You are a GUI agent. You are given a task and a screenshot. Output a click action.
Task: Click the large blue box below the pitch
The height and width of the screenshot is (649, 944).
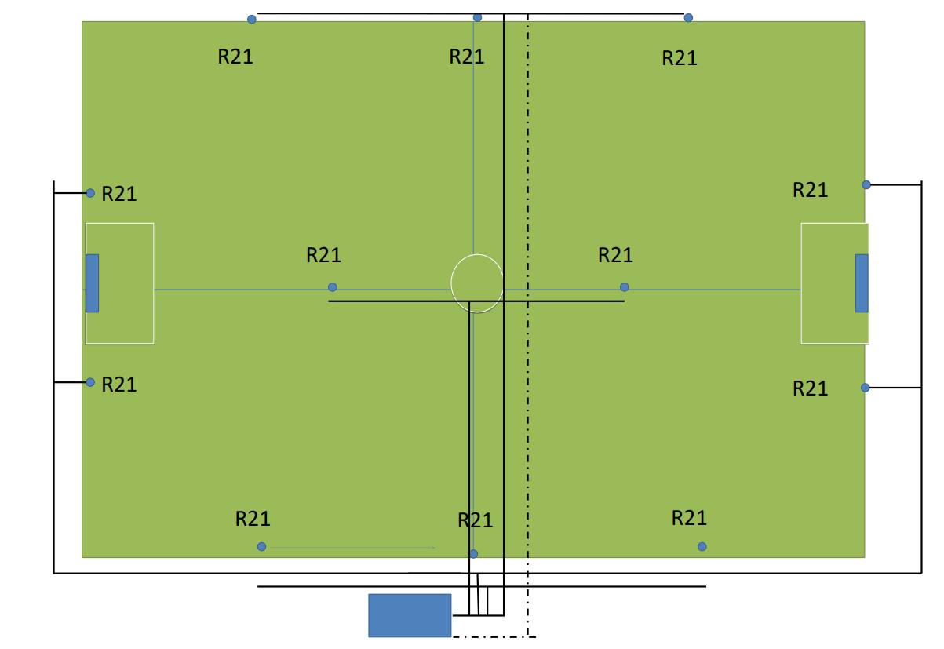pyautogui.click(x=410, y=615)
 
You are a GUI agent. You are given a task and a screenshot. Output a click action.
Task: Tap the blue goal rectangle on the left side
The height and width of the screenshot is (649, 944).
pyautogui.click(x=93, y=283)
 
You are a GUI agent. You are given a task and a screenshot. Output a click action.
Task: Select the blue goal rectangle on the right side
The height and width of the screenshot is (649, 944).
pyautogui.click(x=862, y=283)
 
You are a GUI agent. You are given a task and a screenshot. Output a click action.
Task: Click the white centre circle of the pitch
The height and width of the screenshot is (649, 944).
pyautogui.click(x=477, y=283)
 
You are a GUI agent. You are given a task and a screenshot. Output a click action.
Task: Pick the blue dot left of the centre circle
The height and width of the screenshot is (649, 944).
pyautogui.click(x=333, y=287)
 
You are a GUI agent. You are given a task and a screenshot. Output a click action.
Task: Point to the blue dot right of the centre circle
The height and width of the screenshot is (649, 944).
pyautogui.click(x=625, y=287)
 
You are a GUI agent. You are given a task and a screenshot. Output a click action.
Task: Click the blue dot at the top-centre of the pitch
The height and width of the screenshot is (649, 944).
pyautogui.click(x=477, y=18)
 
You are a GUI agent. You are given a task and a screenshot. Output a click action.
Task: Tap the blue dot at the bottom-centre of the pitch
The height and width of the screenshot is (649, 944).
pyautogui.click(x=474, y=554)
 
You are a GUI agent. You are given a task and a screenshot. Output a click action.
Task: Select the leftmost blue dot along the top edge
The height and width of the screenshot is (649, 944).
pyautogui.click(x=252, y=20)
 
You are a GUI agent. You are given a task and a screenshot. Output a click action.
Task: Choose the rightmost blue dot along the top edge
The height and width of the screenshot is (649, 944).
pyautogui.click(x=689, y=18)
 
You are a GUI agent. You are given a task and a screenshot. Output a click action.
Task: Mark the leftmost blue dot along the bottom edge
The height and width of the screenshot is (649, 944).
pyautogui.click(x=262, y=547)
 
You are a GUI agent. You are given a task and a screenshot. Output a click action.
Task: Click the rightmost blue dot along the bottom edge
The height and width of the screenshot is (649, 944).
pyautogui.click(x=702, y=547)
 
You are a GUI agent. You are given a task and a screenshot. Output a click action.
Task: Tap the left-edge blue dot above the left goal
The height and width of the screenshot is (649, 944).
pyautogui.click(x=90, y=193)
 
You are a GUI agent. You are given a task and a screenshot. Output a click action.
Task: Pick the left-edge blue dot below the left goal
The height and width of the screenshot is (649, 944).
pyautogui.click(x=90, y=383)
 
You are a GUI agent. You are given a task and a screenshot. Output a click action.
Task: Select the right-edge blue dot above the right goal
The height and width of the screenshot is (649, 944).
pyautogui.click(x=866, y=185)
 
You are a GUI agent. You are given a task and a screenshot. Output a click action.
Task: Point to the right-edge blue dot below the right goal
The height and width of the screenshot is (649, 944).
pyautogui.click(x=866, y=388)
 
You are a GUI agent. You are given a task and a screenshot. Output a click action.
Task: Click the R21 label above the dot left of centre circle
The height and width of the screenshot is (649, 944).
pyautogui.click(x=323, y=255)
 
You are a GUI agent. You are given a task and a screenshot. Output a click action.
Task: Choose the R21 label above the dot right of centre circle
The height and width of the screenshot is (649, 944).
pyautogui.click(x=616, y=255)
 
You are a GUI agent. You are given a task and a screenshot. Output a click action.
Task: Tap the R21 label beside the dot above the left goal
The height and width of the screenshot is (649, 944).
pyautogui.click(x=119, y=195)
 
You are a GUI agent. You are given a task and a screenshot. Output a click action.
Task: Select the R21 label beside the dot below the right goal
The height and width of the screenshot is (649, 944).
pyautogui.click(x=811, y=388)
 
